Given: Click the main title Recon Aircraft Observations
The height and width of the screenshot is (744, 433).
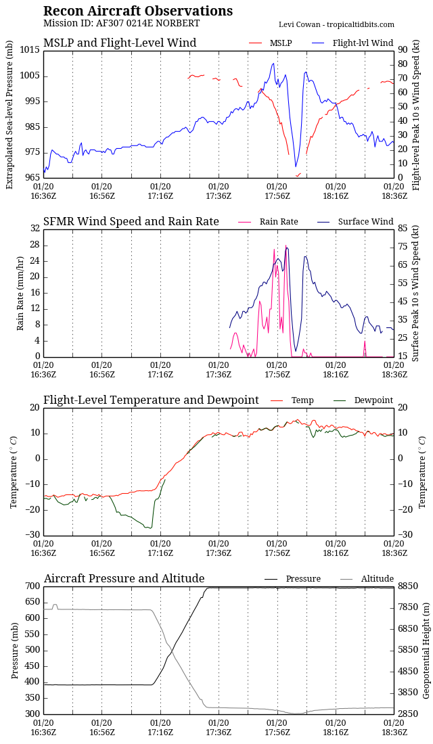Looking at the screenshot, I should tap(138, 11).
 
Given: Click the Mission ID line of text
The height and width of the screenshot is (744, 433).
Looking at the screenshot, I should tap(121, 24).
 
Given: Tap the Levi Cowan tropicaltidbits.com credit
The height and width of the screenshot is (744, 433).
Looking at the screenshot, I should tap(336, 24).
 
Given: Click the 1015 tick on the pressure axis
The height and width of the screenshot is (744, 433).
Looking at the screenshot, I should tap(30, 50).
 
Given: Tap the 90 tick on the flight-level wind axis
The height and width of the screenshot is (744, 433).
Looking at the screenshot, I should tap(402, 50).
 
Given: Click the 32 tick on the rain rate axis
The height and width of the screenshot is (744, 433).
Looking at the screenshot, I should tap(35, 229).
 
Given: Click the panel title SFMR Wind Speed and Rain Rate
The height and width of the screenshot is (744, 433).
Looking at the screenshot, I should tap(131, 222).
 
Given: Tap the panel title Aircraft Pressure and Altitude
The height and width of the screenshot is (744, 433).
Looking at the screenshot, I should tap(124, 579).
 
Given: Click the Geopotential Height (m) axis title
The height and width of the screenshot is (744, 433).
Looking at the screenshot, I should tap(427, 650).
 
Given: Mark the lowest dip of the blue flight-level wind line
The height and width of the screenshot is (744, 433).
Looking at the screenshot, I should tap(296, 166).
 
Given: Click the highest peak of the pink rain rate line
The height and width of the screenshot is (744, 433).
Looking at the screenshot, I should tap(286, 246).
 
